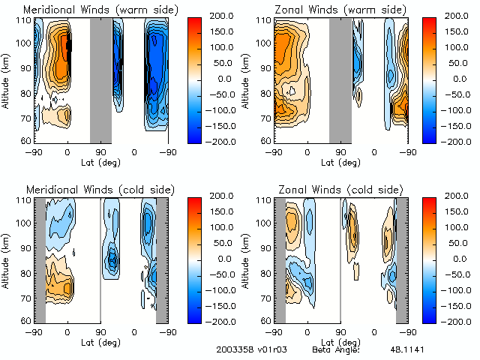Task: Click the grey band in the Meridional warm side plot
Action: (100, 79)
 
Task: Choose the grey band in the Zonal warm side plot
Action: (340, 79)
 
